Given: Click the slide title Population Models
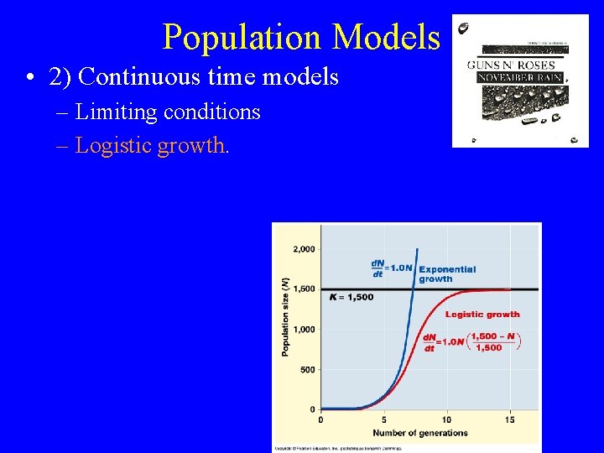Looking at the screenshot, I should (300, 37).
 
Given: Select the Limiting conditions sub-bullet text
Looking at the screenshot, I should (168, 112).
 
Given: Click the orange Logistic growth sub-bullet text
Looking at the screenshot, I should (151, 145).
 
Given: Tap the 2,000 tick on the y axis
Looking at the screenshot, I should (304, 249).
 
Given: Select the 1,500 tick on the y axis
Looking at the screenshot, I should (304, 289).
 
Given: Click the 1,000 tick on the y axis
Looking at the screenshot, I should (304, 330).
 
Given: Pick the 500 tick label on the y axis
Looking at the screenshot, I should (307, 370).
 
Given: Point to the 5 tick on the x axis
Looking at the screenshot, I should (384, 419).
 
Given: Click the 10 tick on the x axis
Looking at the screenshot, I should (446, 419).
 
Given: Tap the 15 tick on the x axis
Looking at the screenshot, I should (509, 419).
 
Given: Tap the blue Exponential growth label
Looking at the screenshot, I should (446, 274).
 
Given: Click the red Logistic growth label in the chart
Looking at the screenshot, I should (482, 315).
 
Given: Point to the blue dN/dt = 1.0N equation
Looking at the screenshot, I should (392, 268).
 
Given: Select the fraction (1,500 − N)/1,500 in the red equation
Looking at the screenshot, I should (489, 341).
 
